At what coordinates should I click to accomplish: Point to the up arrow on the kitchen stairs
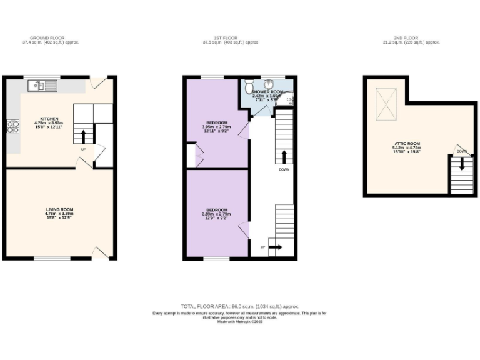[x=84, y=136]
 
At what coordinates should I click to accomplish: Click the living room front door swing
[x=100, y=252]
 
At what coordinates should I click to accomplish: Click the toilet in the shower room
[x=249, y=85]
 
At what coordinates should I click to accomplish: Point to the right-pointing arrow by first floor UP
[x=276, y=247]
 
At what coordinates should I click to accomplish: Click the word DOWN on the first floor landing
[x=284, y=169]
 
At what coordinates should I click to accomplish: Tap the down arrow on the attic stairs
[x=462, y=164]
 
